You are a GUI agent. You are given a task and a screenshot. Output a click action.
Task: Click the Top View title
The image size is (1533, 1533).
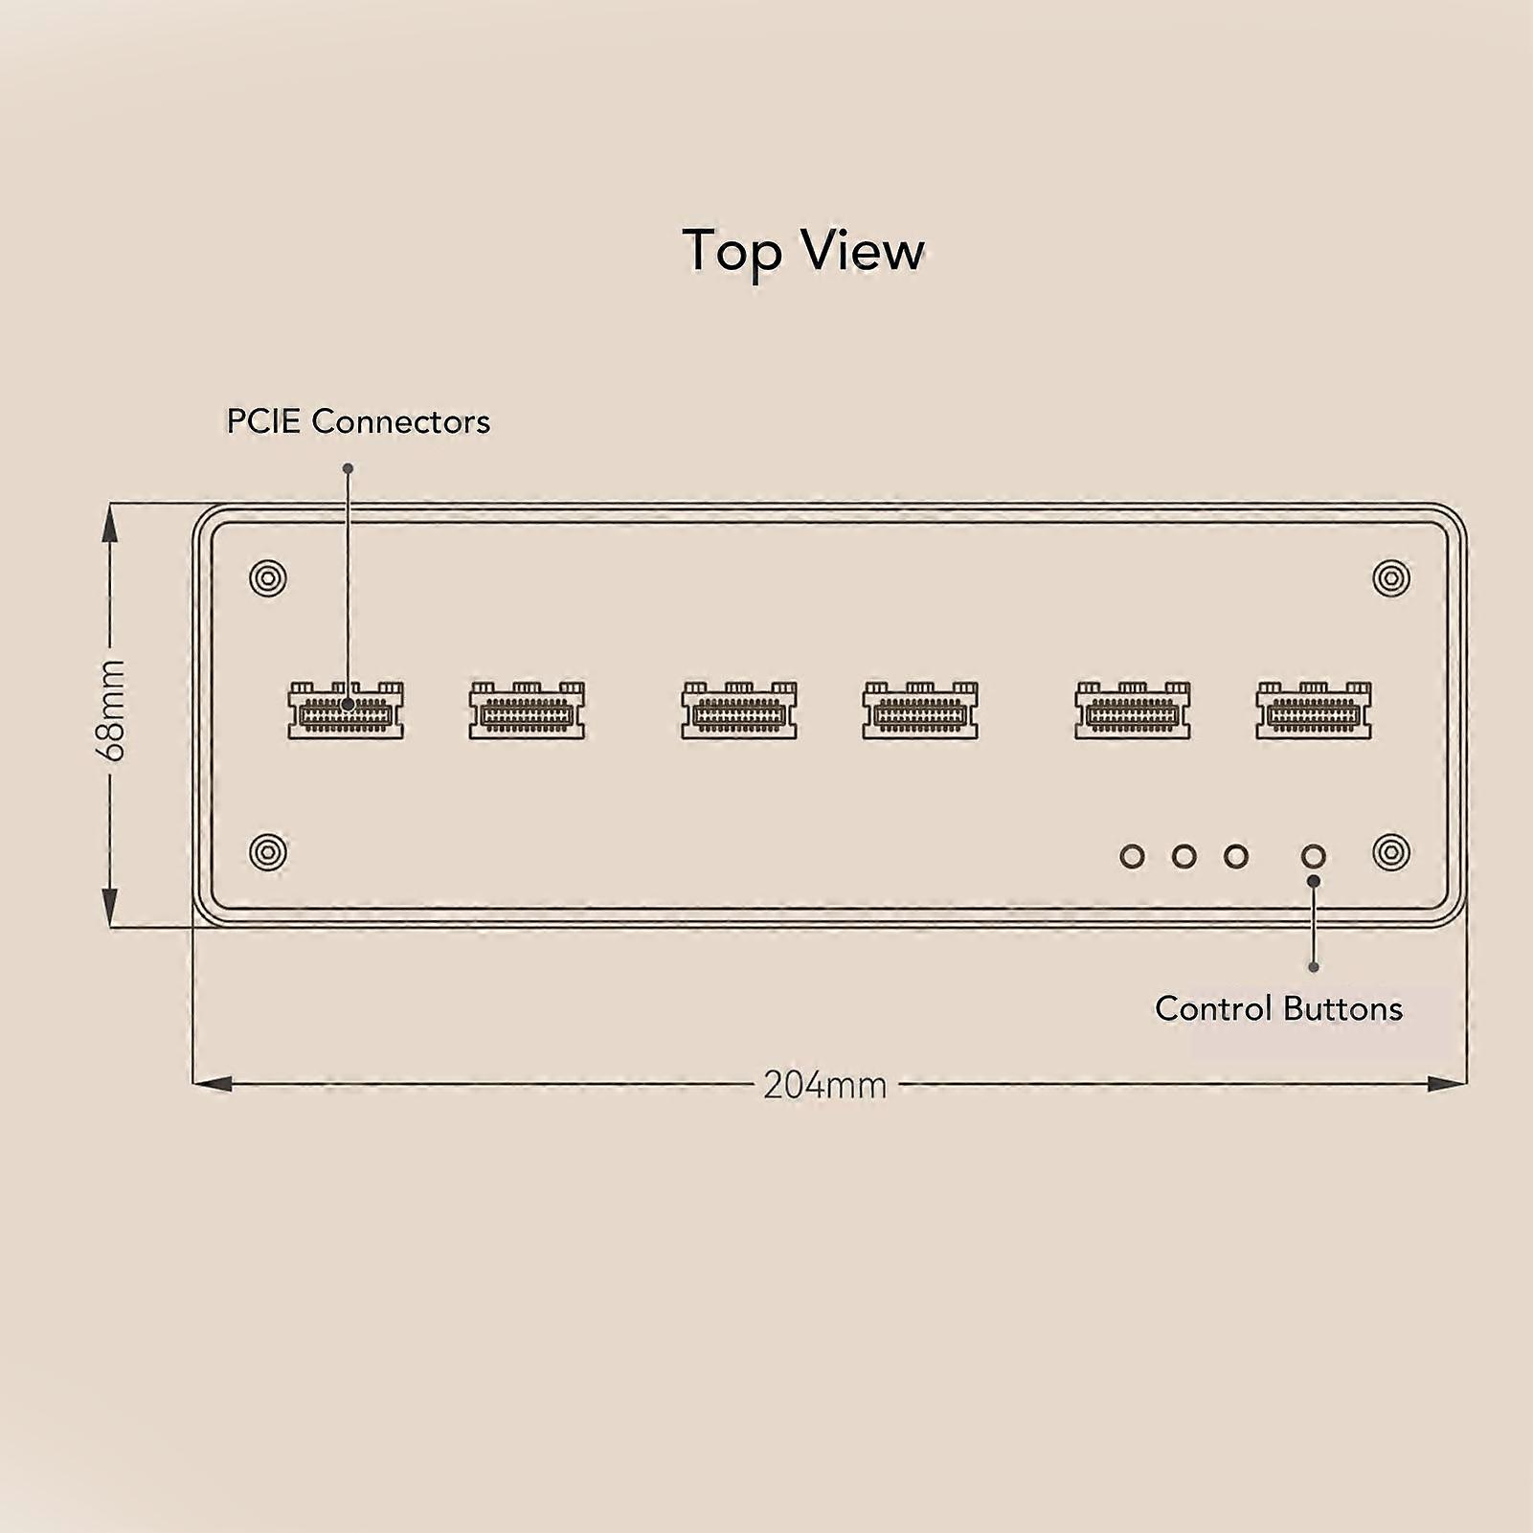[x=803, y=251]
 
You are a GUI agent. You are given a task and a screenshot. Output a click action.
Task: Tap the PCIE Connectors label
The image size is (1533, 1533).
[x=358, y=421]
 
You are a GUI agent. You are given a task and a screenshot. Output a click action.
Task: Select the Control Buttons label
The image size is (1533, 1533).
[x=1278, y=1008]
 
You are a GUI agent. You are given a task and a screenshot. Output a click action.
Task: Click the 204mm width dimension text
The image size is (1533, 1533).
[x=824, y=1085]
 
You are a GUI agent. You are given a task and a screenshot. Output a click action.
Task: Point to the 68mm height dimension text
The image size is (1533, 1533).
[x=111, y=710]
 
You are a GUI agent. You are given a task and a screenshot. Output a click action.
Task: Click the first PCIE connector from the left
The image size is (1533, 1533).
[x=346, y=710]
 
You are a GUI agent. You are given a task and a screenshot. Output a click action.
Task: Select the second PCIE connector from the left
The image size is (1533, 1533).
[x=527, y=710]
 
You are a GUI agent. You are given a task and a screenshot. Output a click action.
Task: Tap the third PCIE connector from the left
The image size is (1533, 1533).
[x=739, y=710]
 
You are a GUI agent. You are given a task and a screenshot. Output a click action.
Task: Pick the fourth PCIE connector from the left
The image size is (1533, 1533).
[x=920, y=710]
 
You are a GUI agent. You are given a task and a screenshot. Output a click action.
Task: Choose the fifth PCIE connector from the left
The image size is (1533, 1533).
[x=1133, y=710]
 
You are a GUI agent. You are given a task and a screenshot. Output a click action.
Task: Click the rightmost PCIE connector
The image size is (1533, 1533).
[x=1314, y=710]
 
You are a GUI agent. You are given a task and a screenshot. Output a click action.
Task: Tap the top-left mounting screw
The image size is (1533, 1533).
[x=268, y=578]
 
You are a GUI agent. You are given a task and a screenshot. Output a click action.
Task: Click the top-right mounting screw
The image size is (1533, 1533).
[x=1391, y=578]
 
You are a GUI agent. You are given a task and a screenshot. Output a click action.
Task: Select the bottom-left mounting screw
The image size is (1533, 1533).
[x=268, y=852]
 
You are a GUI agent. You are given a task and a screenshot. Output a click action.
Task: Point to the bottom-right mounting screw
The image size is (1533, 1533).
[x=1391, y=852]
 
